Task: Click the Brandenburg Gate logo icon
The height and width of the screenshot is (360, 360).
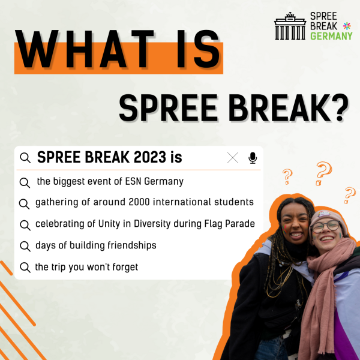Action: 290,26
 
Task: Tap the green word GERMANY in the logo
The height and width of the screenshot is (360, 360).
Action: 331,36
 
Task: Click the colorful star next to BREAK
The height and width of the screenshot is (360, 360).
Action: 347,26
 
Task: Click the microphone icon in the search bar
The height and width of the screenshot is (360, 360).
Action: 253,158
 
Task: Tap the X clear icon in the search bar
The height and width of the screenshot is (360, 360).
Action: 233,158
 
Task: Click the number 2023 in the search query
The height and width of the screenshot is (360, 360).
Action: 149,157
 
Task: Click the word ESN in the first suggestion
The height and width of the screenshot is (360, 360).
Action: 133,181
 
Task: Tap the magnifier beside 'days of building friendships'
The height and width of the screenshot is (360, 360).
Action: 25,247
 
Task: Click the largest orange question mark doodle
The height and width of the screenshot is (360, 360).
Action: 324,173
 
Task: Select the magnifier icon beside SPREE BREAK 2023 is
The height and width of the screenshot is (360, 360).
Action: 25,158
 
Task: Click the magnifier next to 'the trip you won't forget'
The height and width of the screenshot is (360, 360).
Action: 25,268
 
